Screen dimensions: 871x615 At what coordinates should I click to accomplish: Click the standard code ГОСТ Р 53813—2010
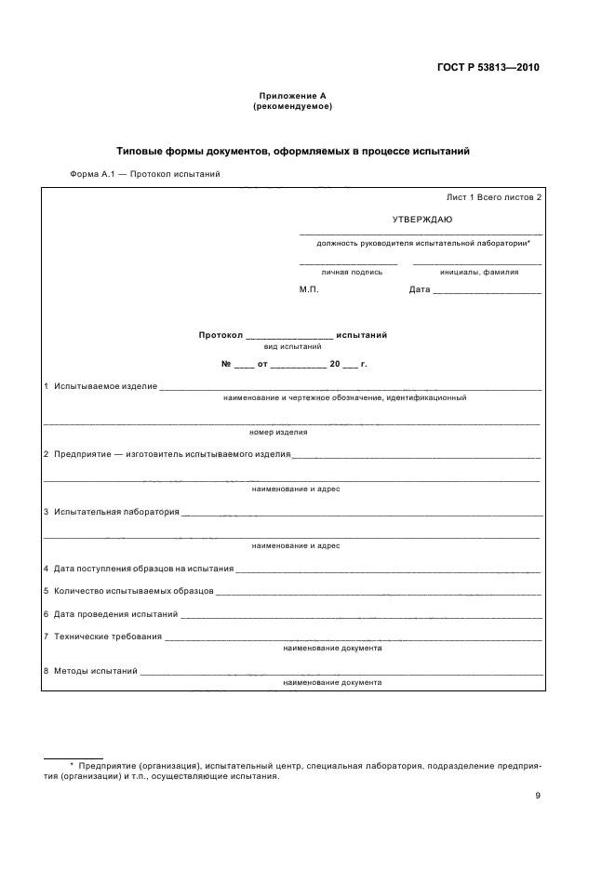coord(488,68)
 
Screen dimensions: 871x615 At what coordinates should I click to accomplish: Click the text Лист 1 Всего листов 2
coord(493,198)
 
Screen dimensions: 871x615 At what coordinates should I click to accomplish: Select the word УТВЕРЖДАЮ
coord(421,219)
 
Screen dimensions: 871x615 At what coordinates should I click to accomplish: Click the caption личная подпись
coord(352,272)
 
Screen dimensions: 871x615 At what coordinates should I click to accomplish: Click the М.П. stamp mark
coord(309,289)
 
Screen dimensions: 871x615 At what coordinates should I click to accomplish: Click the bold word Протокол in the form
coord(221,334)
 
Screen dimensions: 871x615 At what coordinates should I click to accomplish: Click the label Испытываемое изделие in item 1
coord(105,385)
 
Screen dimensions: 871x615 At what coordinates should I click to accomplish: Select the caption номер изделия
coord(278,432)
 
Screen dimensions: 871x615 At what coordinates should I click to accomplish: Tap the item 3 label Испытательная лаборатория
coord(116,511)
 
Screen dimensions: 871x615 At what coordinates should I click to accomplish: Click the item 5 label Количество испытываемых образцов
coord(134,591)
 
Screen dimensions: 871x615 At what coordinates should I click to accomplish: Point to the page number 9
coord(538,795)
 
